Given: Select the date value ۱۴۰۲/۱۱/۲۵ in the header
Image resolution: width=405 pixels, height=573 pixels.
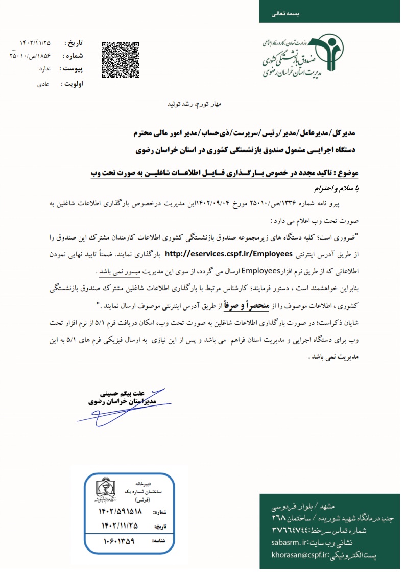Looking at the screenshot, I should pyautogui.click(x=35, y=42).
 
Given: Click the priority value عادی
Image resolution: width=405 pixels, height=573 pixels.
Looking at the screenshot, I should pyautogui.click(x=43, y=83).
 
